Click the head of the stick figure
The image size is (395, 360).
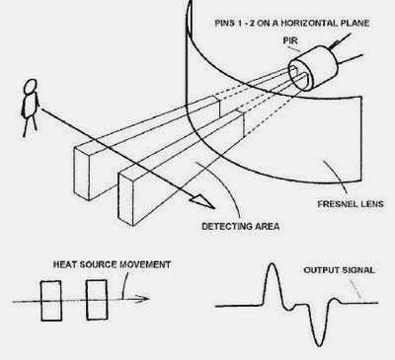click(31, 87)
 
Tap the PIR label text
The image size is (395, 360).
click(290, 40)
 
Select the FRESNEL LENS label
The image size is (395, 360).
click(351, 204)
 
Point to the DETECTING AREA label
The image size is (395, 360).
click(241, 226)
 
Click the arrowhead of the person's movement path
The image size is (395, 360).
click(202, 202)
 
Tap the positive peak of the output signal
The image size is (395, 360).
click(272, 264)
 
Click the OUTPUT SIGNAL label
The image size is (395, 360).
click(339, 270)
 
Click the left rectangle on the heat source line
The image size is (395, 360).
click(51, 301)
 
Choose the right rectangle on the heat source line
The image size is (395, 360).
click(97, 300)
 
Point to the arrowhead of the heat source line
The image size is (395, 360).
click(143, 299)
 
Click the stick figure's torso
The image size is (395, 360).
click(31, 106)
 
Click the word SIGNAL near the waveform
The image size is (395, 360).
click(358, 270)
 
